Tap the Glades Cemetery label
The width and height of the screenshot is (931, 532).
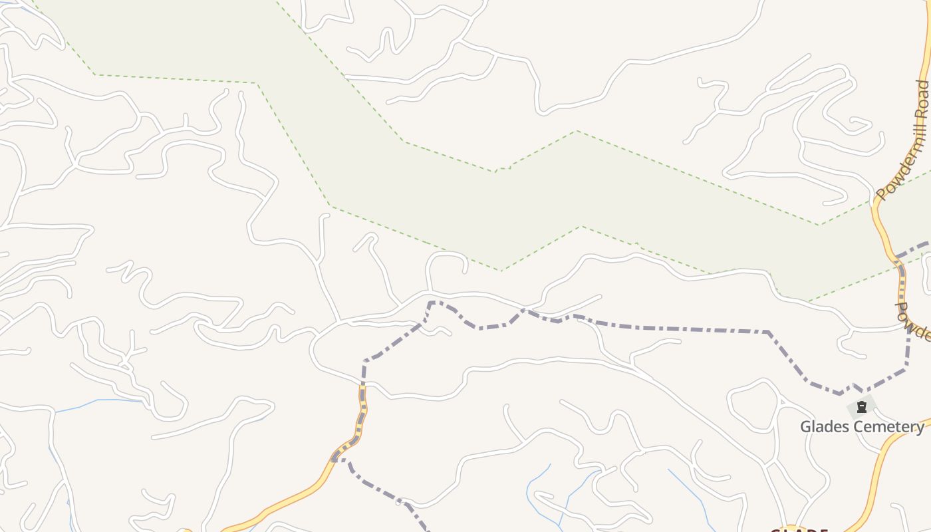pos(862,427)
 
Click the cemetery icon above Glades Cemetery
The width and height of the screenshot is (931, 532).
pos(862,407)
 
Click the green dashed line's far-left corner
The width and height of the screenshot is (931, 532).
pos(95,74)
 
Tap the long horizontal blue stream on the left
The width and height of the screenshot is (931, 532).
pos(100,401)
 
